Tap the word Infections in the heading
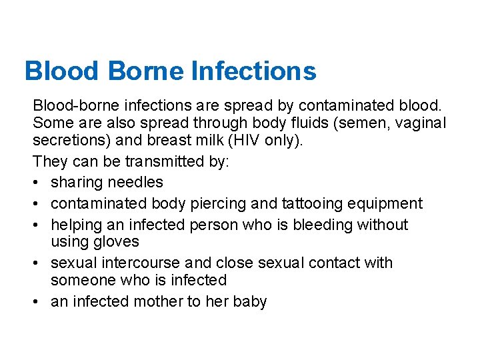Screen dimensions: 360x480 [x=253, y=71]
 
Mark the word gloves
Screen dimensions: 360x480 [x=117, y=241]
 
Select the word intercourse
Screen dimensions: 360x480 [x=139, y=263]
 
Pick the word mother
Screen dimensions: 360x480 [x=158, y=301]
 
